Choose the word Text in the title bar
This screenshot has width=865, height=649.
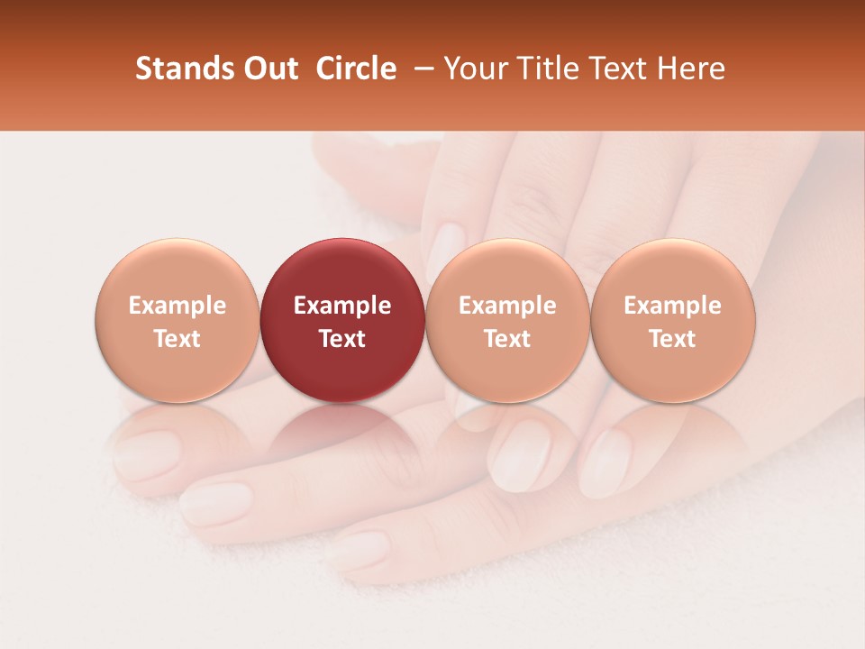[x=619, y=69]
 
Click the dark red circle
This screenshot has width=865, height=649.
[x=342, y=270]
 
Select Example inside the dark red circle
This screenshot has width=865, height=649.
[x=342, y=306]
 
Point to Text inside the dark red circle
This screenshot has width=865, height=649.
[x=342, y=339]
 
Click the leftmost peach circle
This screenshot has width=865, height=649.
[x=177, y=270]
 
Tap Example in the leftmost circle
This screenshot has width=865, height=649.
[x=177, y=306]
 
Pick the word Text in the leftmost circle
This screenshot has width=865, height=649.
[x=177, y=339]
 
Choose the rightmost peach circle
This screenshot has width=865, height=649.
[x=673, y=270]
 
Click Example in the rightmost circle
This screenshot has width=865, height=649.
[x=673, y=306]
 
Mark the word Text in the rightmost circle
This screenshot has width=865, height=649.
[x=673, y=339]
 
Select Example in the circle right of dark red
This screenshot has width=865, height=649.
[x=507, y=306]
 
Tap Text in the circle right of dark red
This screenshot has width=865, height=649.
[x=507, y=339]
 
